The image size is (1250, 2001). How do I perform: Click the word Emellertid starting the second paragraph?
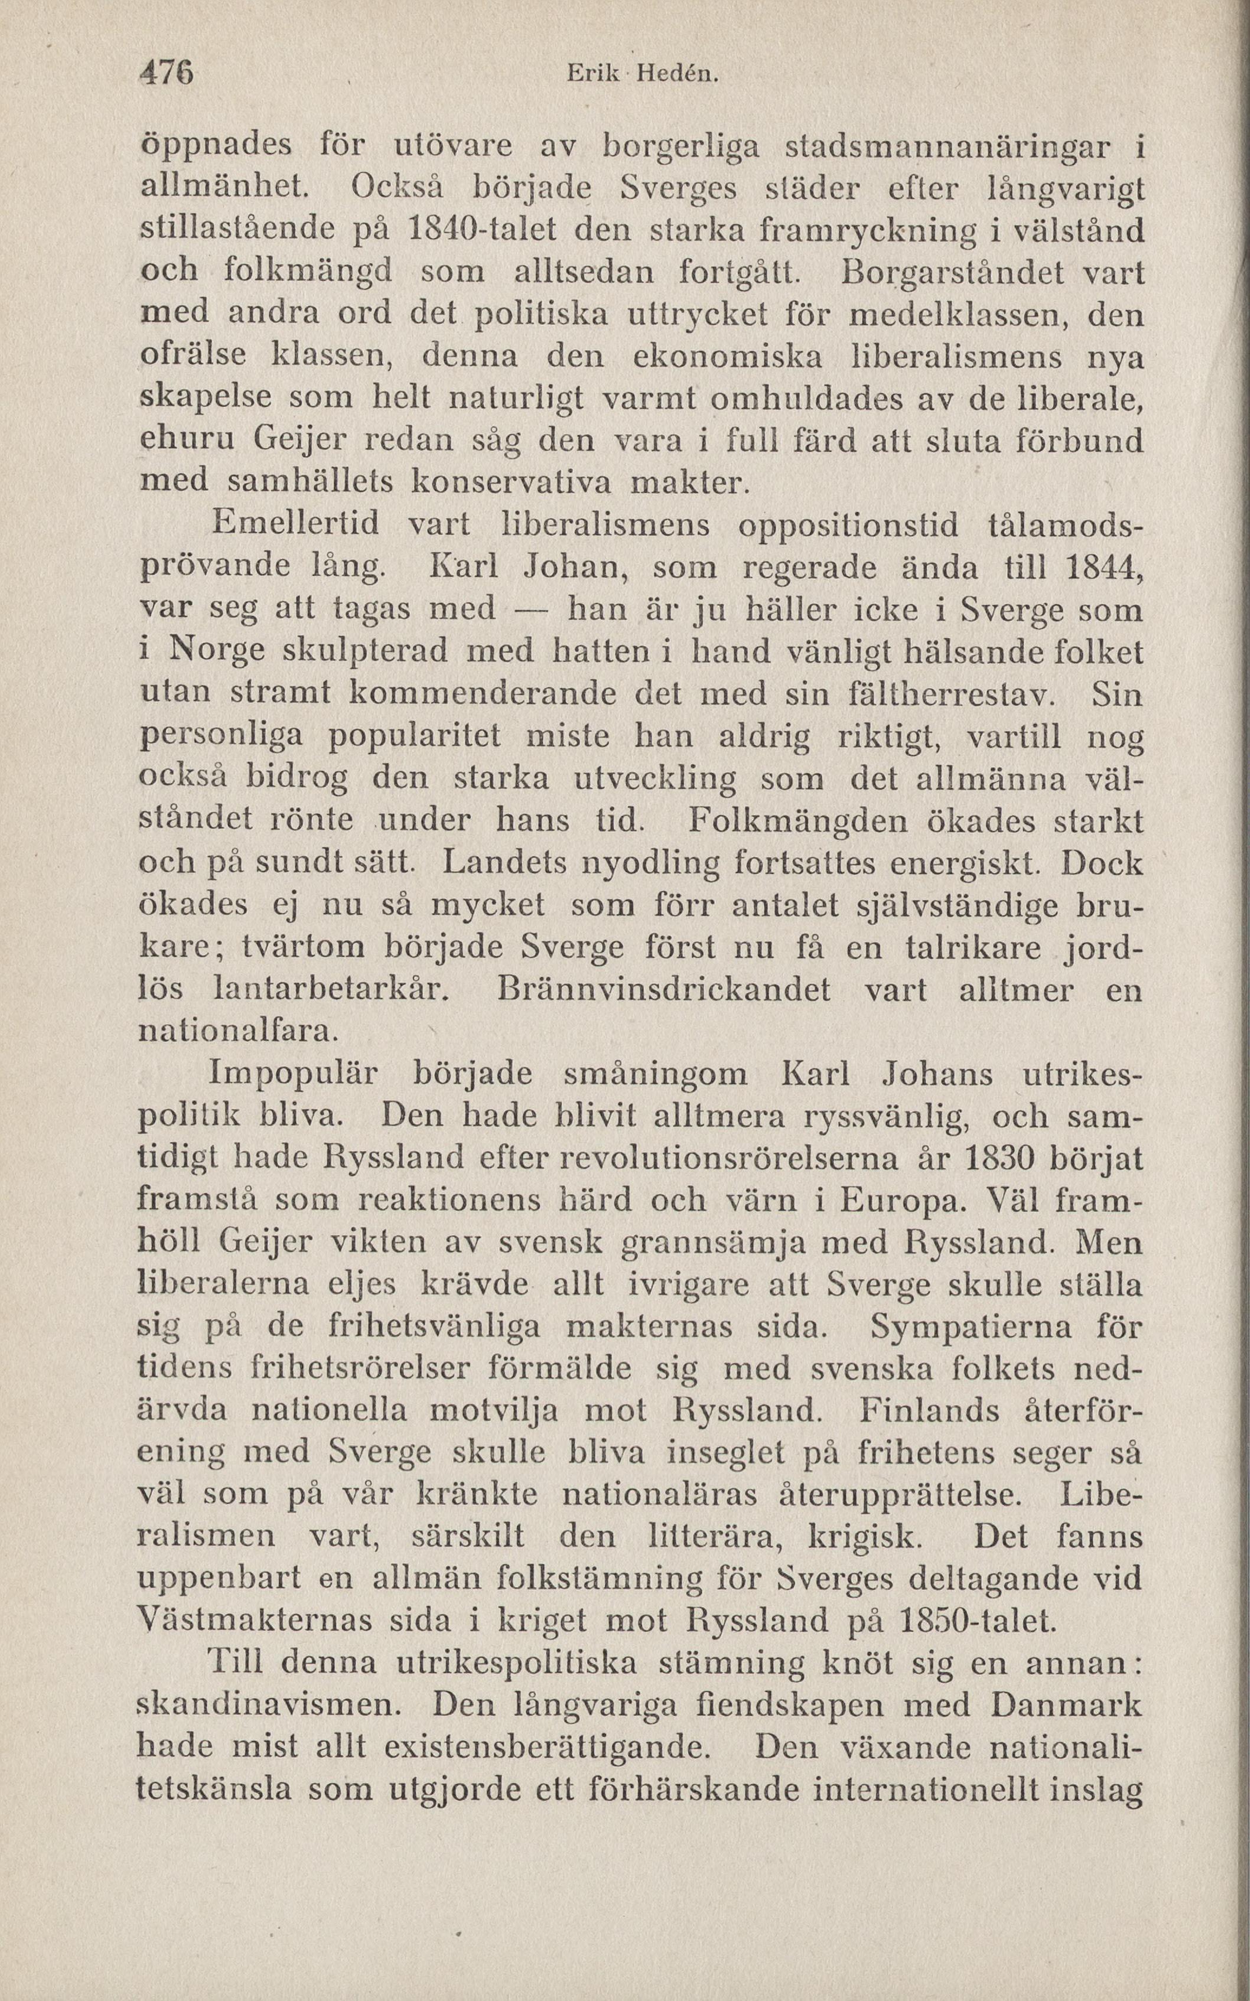point(295,523)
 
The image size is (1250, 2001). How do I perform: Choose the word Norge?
point(217,651)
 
